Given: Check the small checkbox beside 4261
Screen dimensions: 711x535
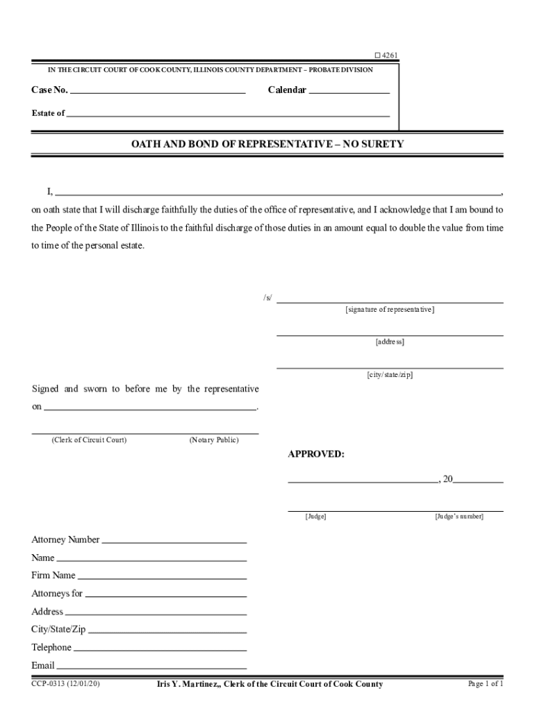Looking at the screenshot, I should pos(377,56).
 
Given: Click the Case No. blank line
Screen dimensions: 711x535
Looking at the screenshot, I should pos(158,91).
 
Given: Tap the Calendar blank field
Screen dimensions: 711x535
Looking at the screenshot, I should pos(349,91).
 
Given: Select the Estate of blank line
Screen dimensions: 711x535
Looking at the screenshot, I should pos(228,115).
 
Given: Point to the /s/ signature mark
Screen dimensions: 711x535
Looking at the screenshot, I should pos(267,298).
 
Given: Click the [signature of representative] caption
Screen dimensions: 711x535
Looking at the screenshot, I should pos(390,310).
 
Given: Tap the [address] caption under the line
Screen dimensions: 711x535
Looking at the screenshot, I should pos(390,342).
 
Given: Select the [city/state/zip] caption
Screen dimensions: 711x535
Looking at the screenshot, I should pos(390,375).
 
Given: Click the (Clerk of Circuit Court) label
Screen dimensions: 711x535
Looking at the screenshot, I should pos(89,440).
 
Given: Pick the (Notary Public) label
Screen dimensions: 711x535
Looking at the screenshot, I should pos(213,440).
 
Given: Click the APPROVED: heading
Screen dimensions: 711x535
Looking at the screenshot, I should pos(316,454).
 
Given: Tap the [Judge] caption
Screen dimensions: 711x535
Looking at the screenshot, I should pos(315,517).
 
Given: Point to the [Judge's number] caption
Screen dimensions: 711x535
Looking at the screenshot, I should pos(459,517).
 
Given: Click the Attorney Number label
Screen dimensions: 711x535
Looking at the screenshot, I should pos(65,540).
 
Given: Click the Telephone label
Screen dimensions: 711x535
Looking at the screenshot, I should pos(51,648).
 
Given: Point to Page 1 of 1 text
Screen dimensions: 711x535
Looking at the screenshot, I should pos(486,685).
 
